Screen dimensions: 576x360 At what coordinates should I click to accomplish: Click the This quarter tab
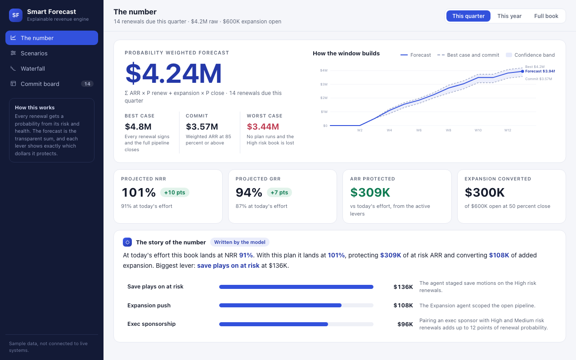coord(468,16)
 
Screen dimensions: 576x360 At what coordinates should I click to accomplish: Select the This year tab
coord(509,16)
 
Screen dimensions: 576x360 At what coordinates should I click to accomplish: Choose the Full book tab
coord(546,16)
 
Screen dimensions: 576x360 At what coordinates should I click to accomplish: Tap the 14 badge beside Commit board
coord(87,84)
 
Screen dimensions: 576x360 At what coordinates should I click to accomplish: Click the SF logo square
coord(16,15)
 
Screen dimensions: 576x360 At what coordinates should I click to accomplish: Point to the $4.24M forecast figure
coord(173,73)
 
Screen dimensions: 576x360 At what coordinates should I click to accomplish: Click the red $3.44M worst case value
coord(263,126)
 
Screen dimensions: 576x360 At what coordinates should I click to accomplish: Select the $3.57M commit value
coord(202,126)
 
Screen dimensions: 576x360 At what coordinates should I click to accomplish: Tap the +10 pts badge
coord(175,192)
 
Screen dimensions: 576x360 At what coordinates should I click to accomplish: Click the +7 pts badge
coord(279,192)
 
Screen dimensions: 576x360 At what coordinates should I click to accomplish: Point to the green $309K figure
coord(370,192)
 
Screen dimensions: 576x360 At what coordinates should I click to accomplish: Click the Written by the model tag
coord(240,242)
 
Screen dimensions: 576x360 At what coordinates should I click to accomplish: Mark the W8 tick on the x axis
coord(449,130)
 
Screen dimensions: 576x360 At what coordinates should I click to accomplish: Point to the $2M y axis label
coord(324,98)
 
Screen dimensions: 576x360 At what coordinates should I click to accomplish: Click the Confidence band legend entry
coord(530,55)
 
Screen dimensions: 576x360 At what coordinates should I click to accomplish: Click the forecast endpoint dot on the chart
coord(522,72)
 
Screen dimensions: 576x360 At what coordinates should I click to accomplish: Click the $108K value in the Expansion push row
coord(403,306)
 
